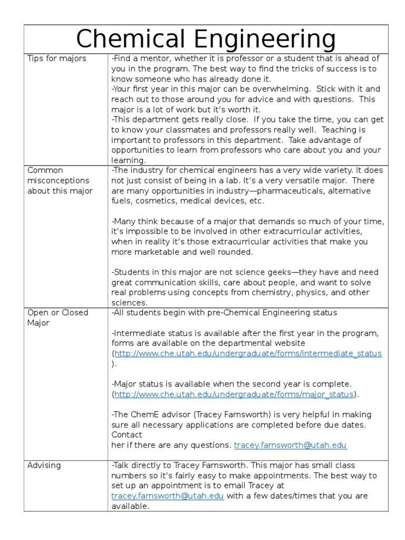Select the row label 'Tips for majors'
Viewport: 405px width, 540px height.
[x=56, y=59]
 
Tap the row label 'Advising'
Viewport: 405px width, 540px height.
[x=44, y=465]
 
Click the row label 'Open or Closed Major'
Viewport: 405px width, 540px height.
[x=57, y=317]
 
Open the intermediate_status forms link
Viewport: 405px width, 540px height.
[x=248, y=353]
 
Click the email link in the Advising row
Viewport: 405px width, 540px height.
[x=168, y=496]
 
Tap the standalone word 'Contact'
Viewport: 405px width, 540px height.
[x=127, y=435]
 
